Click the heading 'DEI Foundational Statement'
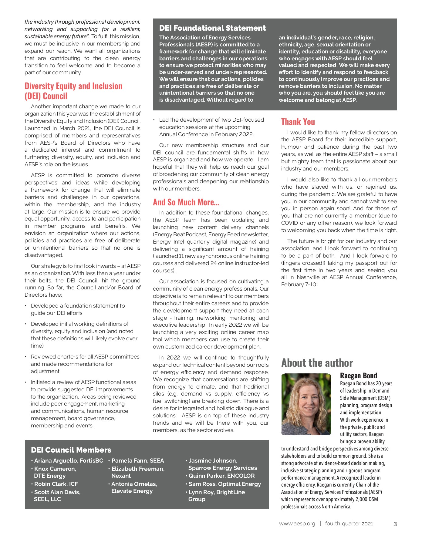click(x=212, y=28)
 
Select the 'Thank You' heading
click(x=298, y=122)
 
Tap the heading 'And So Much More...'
click(x=186, y=202)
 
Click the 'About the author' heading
click(x=317, y=363)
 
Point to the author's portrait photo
click(x=306, y=404)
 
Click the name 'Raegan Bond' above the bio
click(x=358, y=376)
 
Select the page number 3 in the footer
click(x=395, y=524)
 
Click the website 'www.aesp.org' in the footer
click(x=297, y=524)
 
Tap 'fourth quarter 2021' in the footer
click(x=349, y=524)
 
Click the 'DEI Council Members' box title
click(x=71, y=450)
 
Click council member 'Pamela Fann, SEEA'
click(x=137, y=460)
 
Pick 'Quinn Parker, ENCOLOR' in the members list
click(x=221, y=476)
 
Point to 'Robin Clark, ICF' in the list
click(x=56, y=484)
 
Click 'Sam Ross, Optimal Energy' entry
click(x=225, y=484)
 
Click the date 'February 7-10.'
click(x=299, y=285)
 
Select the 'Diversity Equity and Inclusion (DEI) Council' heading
click(x=73, y=91)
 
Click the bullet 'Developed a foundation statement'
click(x=78, y=306)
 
